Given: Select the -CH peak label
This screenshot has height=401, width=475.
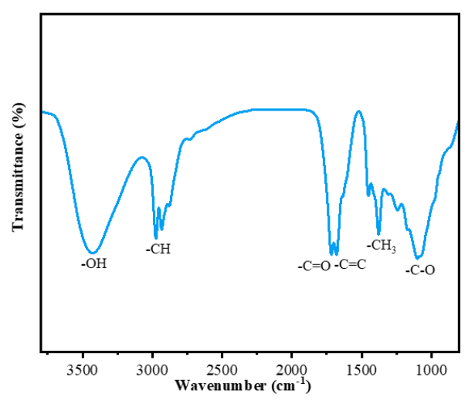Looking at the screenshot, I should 158,250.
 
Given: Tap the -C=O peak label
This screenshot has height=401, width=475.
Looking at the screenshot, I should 314,267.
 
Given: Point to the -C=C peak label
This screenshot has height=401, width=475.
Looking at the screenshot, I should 350,265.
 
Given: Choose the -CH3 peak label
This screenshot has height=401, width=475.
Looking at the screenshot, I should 382,246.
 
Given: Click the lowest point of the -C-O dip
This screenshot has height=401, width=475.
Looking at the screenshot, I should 418,258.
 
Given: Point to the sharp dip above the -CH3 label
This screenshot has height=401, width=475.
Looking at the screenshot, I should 378,233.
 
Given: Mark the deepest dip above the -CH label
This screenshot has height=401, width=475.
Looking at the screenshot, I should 156,238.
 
